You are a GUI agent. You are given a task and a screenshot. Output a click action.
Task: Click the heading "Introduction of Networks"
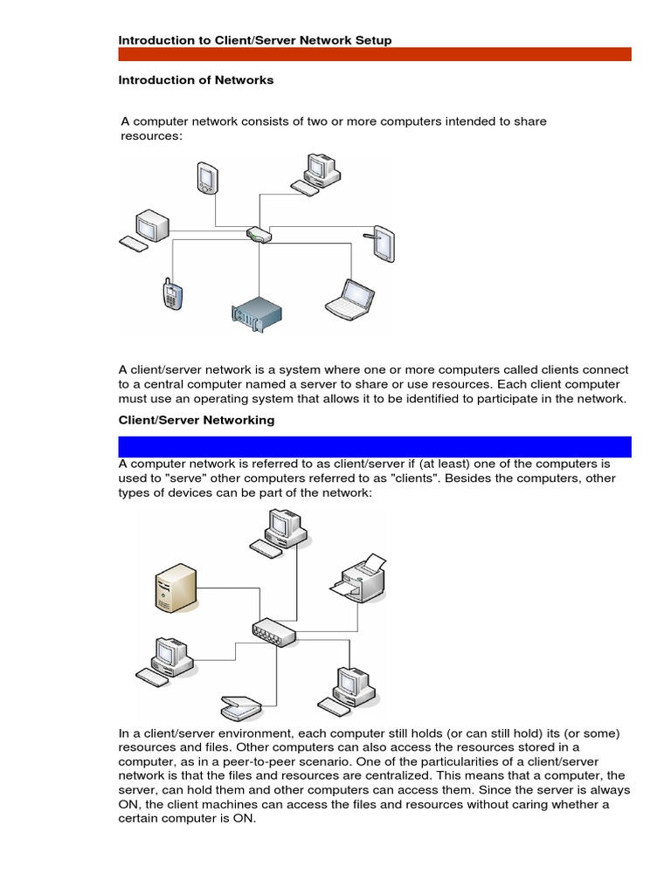(x=196, y=80)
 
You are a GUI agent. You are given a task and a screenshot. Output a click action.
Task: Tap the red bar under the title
(x=374, y=54)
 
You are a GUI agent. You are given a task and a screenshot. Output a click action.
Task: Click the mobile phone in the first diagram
(x=170, y=293)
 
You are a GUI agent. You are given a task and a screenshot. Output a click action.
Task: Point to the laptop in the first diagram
(x=349, y=297)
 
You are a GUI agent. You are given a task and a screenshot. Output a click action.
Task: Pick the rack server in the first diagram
(x=258, y=313)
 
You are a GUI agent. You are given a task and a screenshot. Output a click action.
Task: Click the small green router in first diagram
(x=259, y=234)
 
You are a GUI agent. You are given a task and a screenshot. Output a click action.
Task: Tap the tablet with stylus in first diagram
(x=382, y=244)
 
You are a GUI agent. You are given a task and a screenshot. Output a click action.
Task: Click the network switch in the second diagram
(x=273, y=633)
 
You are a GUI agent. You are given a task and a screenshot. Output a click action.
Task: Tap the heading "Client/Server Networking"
(x=197, y=420)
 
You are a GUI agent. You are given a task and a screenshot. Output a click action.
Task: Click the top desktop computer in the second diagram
(x=277, y=532)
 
